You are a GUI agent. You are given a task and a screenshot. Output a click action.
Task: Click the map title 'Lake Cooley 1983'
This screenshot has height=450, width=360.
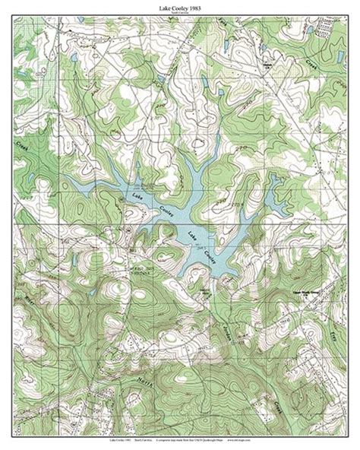(x=179, y=6)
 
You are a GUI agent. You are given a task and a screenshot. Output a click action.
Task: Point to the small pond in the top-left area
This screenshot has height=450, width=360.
(x=74, y=58)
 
